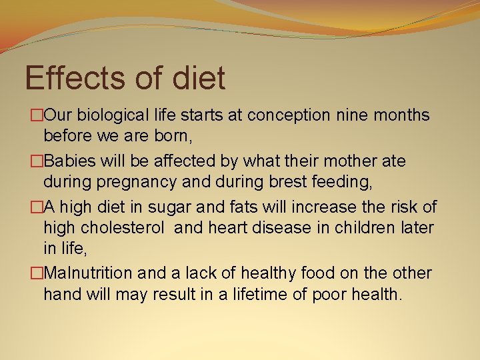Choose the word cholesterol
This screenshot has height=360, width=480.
tap(122, 228)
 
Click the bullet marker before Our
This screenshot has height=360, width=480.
tap(37, 116)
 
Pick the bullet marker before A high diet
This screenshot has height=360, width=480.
tap(37, 207)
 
